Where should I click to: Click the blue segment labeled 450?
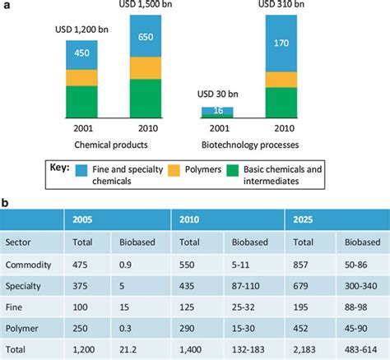click(81, 55)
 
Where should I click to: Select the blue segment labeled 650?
click(146, 36)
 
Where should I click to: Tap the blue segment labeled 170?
click(281, 44)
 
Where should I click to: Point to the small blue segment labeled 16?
click(217, 110)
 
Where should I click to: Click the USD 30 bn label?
click(218, 95)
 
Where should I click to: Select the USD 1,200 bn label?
click(81, 30)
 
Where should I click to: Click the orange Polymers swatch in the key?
click(174, 170)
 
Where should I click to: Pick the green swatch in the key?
click(233, 170)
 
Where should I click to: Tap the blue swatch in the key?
click(81, 170)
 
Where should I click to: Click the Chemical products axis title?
click(111, 145)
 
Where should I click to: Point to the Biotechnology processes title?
click(250, 145)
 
